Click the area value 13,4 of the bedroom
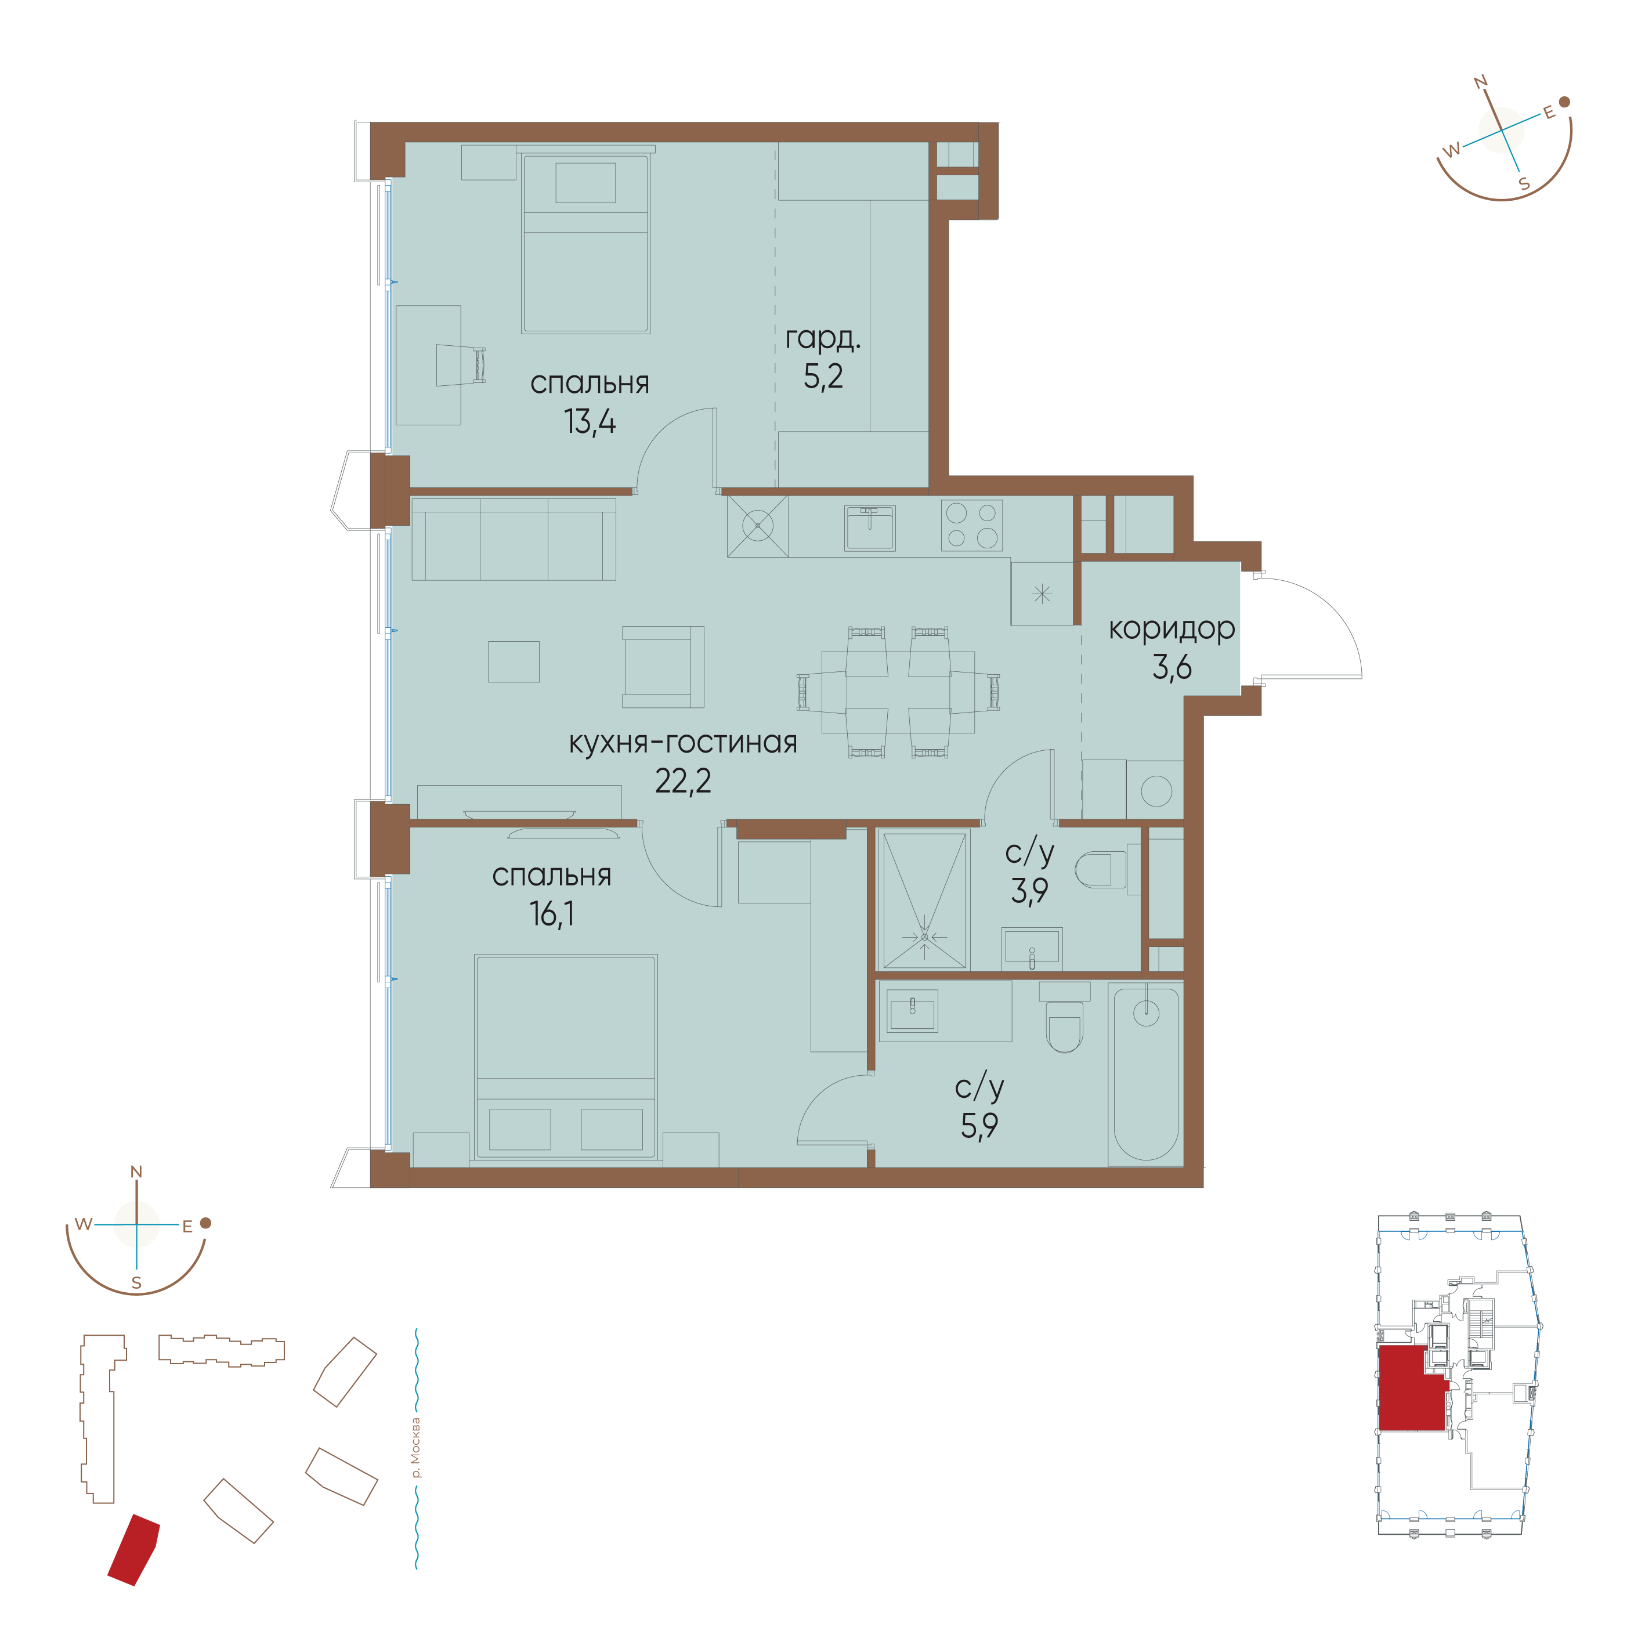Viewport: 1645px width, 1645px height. point(589,421)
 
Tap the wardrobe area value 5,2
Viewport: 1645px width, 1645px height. point(823,375)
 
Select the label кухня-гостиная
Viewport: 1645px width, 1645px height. point(683,743)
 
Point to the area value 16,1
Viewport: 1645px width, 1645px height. point(552,914)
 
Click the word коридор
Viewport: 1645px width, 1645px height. point(1172,629)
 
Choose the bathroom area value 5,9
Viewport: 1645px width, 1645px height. point(979,1126)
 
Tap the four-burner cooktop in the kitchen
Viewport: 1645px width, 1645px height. point(971,525)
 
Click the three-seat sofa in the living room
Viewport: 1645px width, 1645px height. point(514,540)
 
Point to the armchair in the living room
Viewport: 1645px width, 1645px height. point(663,667)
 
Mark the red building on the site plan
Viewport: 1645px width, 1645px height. point(133,1550)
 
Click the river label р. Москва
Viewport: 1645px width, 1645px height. point(415,1448)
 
